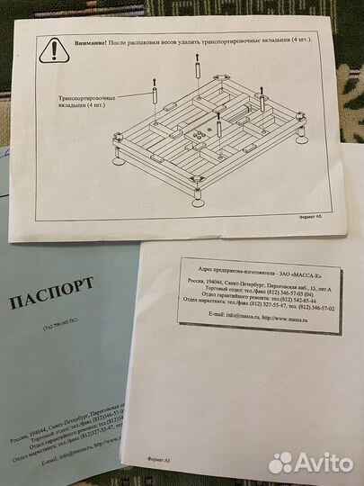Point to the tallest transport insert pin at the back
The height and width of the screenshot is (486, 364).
194,68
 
